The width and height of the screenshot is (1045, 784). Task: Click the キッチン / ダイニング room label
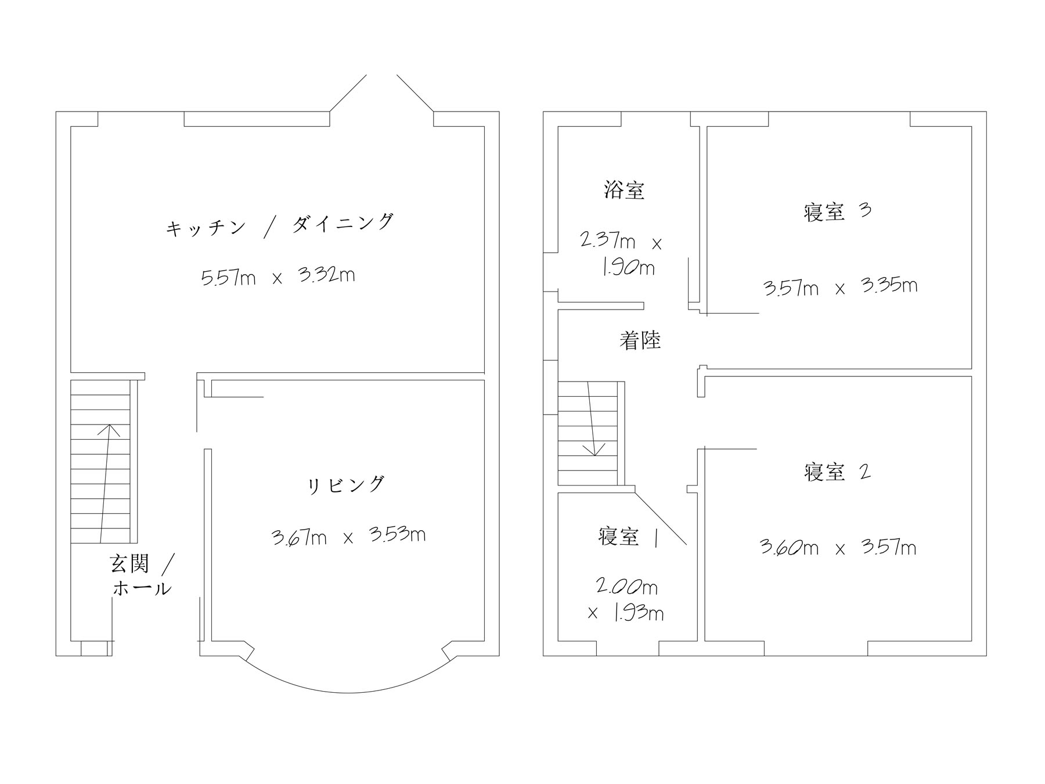[279, 225]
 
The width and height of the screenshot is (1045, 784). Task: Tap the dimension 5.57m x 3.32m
[278, 276]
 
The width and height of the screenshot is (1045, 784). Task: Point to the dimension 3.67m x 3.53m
[348, 536]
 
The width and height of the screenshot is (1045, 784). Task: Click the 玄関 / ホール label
[142, 575]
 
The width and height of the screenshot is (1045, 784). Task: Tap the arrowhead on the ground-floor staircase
[108, 430]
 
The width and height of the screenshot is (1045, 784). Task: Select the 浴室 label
[624, 190]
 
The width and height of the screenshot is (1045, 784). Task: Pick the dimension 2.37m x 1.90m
[621, 254]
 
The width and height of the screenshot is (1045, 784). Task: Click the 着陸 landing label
[640, 340]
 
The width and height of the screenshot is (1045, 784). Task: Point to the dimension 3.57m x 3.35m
[840, 287]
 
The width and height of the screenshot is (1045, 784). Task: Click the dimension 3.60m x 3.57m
[838, 548]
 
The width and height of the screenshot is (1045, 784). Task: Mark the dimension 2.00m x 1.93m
[626, 600]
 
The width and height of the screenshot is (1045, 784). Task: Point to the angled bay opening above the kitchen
[381, 93]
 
